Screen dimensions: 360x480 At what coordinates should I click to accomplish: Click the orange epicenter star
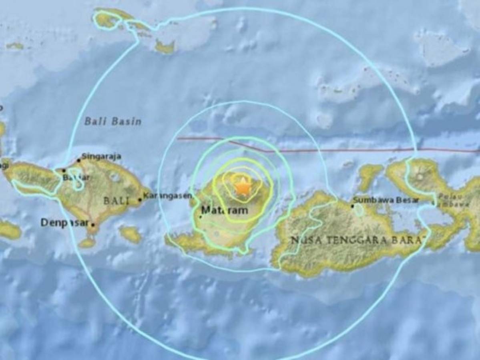tap(243, 187)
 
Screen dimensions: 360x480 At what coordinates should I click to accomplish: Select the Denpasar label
tap(64, 223)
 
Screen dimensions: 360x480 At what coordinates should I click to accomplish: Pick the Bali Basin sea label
tap(113, 122)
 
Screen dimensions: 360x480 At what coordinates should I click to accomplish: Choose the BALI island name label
tap(116, 201)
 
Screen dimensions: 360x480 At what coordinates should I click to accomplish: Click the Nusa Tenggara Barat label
tap(357, 240)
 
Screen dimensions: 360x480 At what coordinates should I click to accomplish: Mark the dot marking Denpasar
tap(93, 225)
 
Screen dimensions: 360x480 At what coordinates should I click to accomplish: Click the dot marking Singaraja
tap(79, 160)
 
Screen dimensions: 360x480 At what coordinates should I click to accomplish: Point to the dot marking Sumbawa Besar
tap(352, 206)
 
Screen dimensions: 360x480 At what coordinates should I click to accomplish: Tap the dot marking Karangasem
tap(140, 200)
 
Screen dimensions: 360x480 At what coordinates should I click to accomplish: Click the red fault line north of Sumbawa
tap(360, 150)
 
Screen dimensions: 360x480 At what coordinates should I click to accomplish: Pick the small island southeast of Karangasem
tap(131, 234)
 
